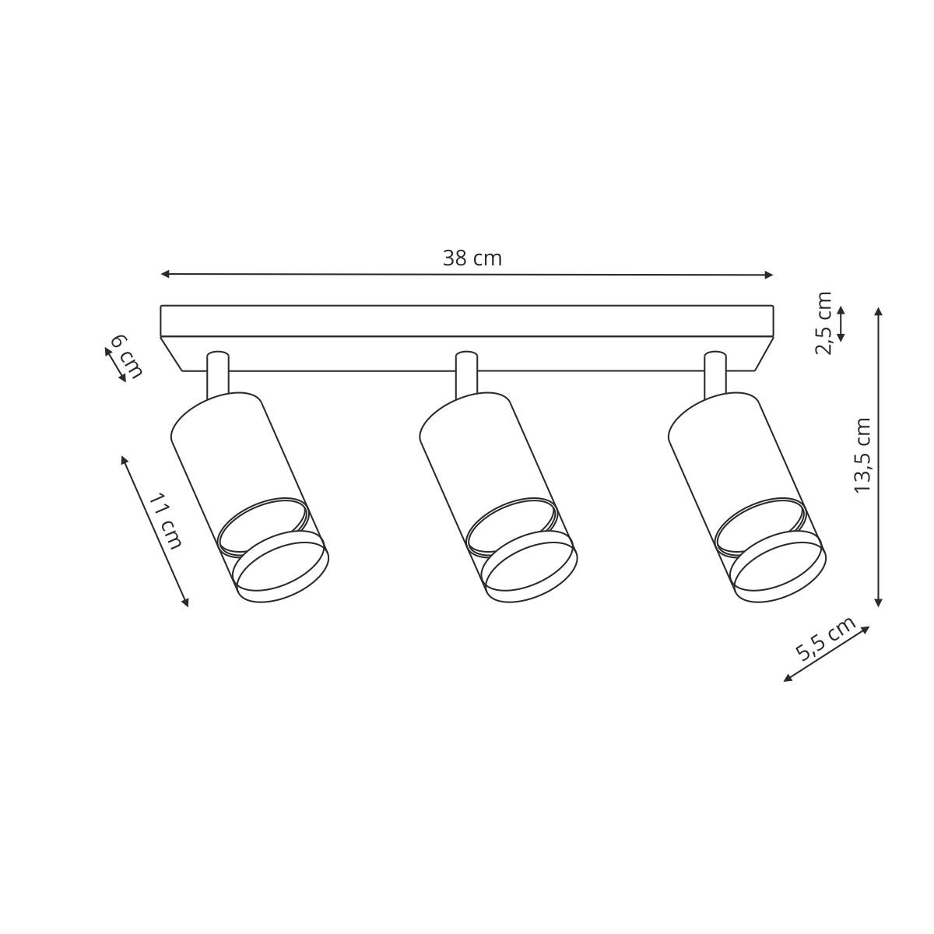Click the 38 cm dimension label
(472, 259)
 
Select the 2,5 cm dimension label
(823, 323)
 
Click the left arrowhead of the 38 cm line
(165, 274)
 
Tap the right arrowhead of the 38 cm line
(768, 276)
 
